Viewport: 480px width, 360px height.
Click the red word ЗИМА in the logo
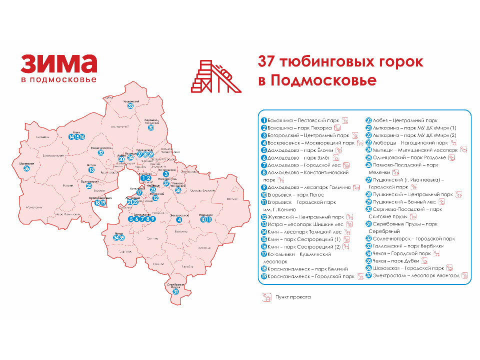[x=58, y=63]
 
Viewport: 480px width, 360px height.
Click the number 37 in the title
[x=267, y=62]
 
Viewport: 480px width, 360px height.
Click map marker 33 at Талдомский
[x=130, y=106]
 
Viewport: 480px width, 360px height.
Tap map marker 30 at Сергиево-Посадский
[x=151, y=127]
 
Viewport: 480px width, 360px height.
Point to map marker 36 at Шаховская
[x=26, y=169]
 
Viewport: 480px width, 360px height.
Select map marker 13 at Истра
[x=91, y=170]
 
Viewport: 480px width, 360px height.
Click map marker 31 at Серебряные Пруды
[x=175, y=291]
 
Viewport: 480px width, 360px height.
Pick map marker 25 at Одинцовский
[x=89, y=186]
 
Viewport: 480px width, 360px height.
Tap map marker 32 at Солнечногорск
[x=101, y=153]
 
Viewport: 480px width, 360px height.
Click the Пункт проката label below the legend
[x=292, y=297]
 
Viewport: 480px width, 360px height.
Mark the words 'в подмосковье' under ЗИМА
[x=58, y=79]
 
